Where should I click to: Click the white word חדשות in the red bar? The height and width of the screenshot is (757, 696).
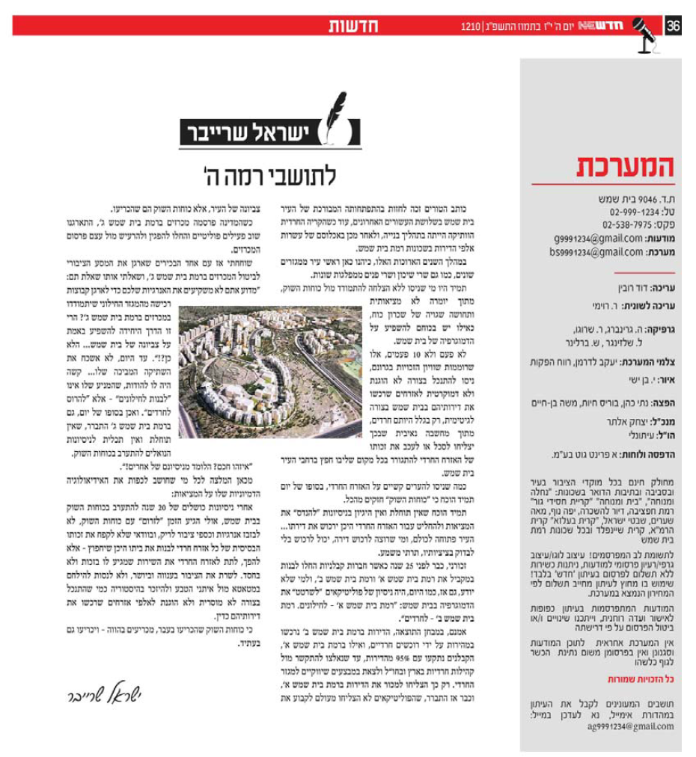353,26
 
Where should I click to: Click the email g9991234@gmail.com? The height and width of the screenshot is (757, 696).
588,238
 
